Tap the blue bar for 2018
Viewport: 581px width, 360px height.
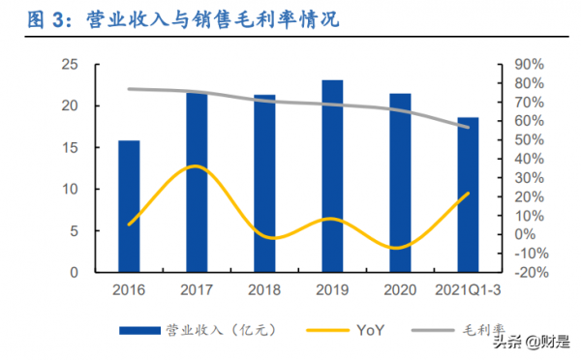click(264, 184)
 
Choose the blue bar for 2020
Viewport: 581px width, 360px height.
click(400, 183)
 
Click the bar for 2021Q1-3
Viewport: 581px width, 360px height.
click(468, 195)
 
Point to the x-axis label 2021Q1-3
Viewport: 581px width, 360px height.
click(468, 290)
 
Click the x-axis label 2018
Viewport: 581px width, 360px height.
click(264, 290)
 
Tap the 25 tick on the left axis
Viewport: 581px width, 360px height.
click(69, 64)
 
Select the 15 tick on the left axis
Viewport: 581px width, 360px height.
click(69, 147)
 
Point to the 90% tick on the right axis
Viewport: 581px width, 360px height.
click(529, 64)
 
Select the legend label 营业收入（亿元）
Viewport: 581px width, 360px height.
click(213, 331)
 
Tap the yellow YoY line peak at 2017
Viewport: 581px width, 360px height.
click(196, 166)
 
